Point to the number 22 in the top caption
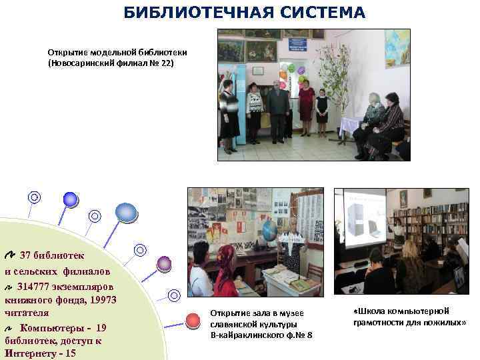pos(164,63)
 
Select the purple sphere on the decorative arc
pos(164,263)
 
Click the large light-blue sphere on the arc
pos(125,212)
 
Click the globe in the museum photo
pos(269,231)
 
